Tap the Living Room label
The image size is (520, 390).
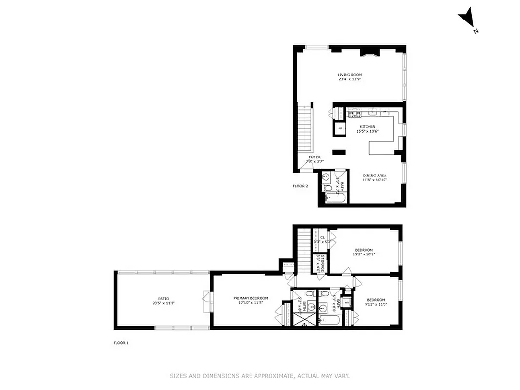349,75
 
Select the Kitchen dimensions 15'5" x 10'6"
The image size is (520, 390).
367,131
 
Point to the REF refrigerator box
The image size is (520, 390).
340,129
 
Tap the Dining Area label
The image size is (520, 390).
374,175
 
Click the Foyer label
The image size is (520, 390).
314,157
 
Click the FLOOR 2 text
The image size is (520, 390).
300,186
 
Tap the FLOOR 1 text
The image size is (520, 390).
121,343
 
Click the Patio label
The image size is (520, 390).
163,298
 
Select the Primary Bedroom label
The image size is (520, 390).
250,298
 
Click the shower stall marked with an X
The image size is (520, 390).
303,321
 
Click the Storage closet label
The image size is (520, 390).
322,263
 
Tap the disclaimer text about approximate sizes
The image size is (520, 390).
260,376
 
